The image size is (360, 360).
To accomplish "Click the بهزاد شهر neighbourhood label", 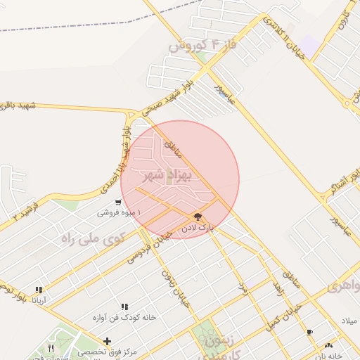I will point(166,174).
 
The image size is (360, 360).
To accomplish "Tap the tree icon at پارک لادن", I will point(197,217).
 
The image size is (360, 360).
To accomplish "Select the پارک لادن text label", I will point(197,228).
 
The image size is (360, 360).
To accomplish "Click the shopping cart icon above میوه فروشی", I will point(107,202).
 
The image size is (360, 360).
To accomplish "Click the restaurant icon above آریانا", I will point(39,289).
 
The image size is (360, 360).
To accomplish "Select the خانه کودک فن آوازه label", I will point(124,317).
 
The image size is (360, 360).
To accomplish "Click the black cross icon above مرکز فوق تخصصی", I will point(107,341).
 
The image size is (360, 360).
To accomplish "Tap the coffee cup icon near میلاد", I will point(310,332).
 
